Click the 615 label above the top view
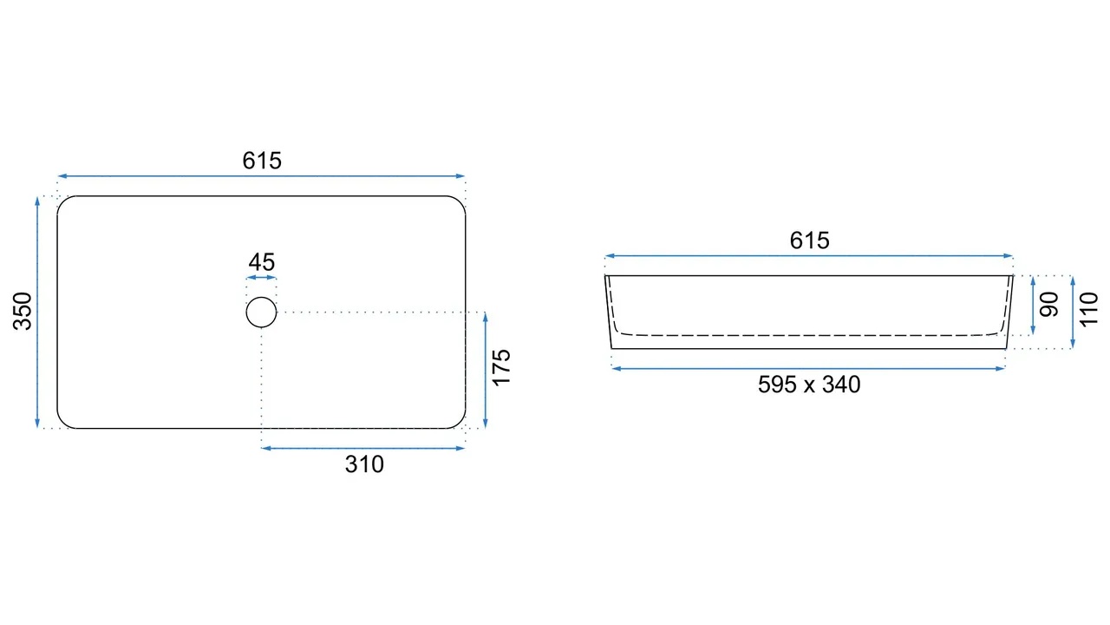click(x=262, y=161)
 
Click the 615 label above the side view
click(x=809, y=240)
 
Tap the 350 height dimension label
click(x=23, y=312)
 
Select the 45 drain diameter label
click(x=262, y=262)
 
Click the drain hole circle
click(x=261, y=297)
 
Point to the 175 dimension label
click(x=501, y=367)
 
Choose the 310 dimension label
click(x=364, y=464)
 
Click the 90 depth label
click(x=1049, y=304)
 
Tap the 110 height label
click(x=1088, y=310)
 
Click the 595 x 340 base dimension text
click(x=809, y=385)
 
